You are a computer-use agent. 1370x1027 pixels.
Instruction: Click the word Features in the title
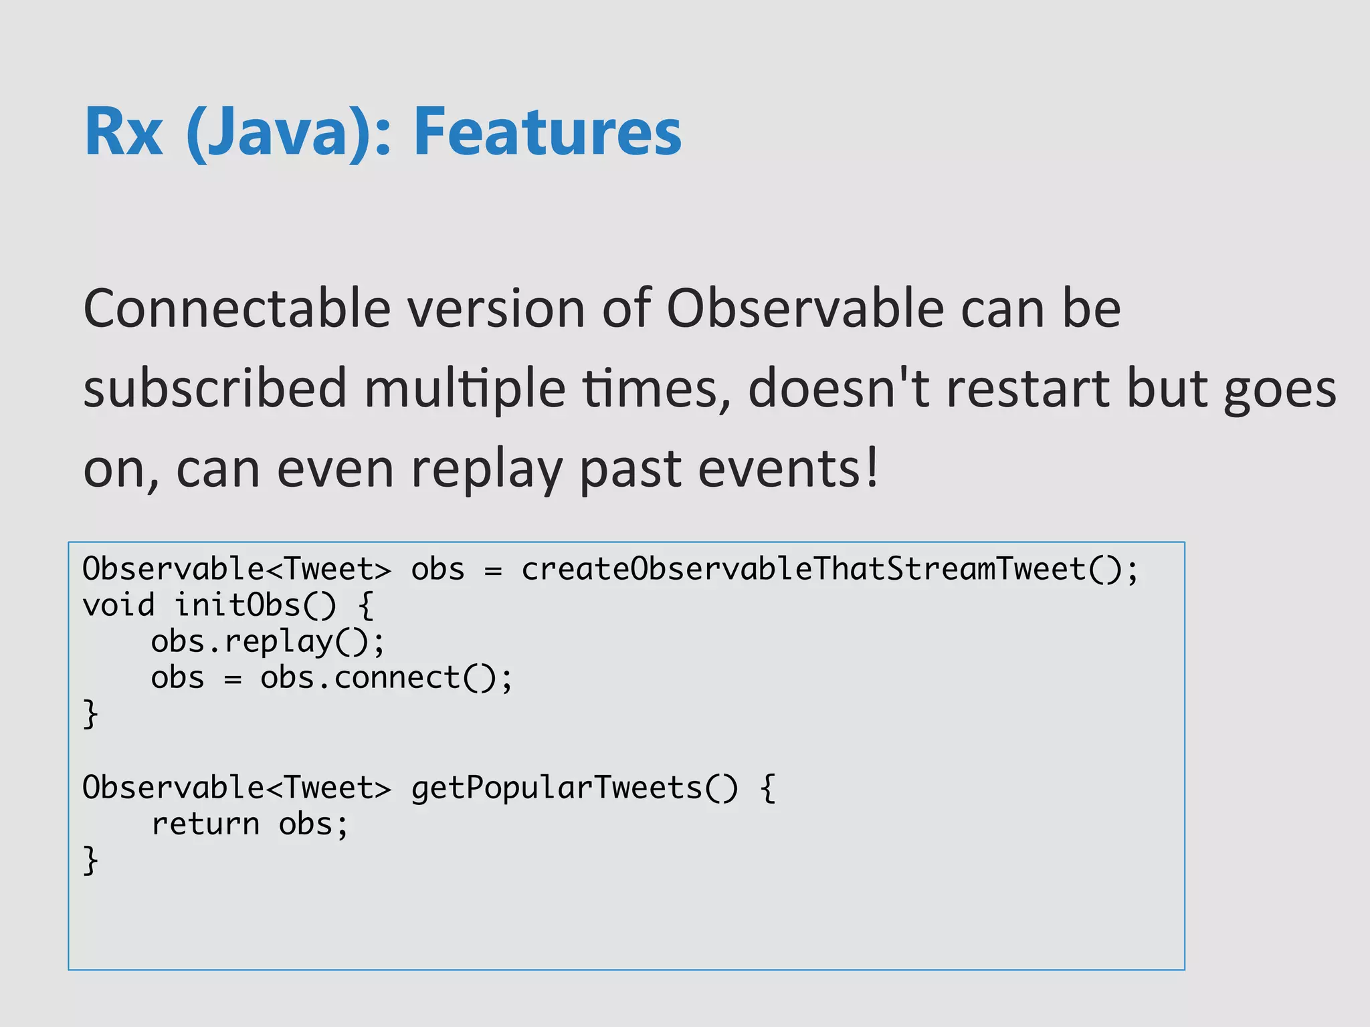[x=547, y=132]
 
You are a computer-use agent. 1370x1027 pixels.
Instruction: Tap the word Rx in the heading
[x=124, y=132]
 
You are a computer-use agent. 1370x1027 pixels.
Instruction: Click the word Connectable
[x=237, y=308]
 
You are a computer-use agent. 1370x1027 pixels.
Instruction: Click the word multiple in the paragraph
[x=465, y=388]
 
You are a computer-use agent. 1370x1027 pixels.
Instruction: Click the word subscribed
[x=215, y=388]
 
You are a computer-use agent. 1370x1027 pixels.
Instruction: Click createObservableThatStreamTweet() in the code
[x=829, y=570]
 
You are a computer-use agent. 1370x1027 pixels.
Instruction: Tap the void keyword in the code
[x=118, y=605]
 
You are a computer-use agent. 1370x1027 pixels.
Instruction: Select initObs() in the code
[x=255, y=605]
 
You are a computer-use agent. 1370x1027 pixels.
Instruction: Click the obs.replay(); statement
[x=268, y=642]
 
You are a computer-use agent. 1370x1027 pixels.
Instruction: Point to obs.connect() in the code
[x=385, y=678]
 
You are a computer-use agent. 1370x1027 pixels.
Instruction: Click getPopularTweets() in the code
[x=575, y=788]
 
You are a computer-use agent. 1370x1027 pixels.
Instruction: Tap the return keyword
[x=205, y=824]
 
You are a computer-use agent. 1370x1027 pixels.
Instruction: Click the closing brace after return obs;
[x=90, y=861]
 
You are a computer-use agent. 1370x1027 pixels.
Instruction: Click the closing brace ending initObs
[x=90, y=715]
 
